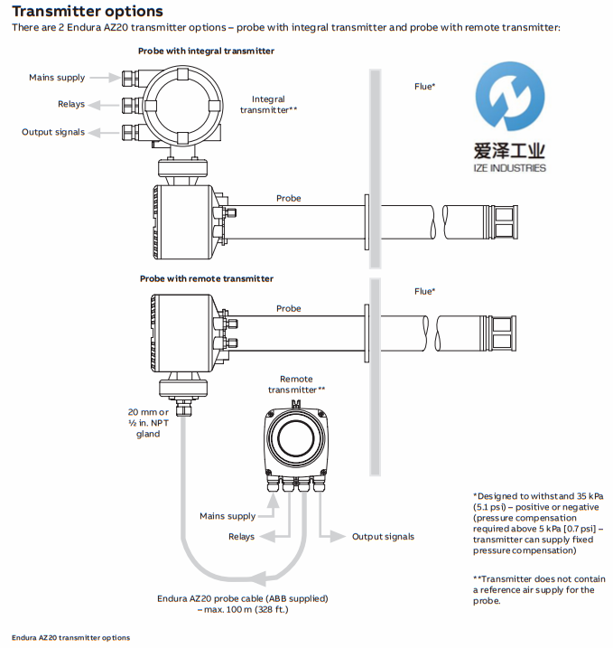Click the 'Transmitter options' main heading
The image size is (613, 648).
pos(88,12)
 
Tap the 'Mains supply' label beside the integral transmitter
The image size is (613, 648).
pos(57,79)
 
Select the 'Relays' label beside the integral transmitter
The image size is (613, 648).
pos(71,105)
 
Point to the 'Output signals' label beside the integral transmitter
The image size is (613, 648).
pos(53,132)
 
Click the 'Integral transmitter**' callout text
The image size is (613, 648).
pos(268,104)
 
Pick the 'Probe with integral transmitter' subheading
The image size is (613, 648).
pos(206,52)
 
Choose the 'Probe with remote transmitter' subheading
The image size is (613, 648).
pos(206,278)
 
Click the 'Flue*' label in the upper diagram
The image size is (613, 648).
pos(424,87)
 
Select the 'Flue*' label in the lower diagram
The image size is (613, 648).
pos(424,291)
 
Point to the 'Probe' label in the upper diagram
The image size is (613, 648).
pos(288,198)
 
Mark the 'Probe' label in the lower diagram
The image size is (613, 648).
pos(288,308)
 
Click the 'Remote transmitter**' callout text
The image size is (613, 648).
pos(296,384)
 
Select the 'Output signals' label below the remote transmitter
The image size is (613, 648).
pos(383,536)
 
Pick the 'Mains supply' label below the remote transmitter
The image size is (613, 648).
pos(228,516)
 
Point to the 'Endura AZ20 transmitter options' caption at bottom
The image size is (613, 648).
pos(70,638)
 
